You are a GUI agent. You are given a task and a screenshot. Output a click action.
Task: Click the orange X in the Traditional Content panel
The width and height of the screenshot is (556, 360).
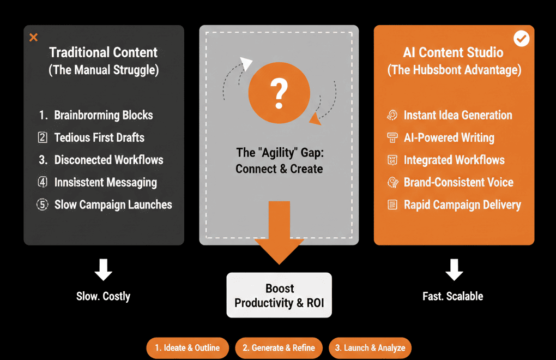click(33, 38)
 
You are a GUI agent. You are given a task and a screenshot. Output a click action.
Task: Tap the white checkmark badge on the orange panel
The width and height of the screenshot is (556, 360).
click(522, 39)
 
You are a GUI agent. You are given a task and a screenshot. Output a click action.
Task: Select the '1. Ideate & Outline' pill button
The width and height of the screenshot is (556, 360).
click(187, 347)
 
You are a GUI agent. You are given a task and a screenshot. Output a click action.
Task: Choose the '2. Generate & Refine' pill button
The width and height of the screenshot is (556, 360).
click(279, 347)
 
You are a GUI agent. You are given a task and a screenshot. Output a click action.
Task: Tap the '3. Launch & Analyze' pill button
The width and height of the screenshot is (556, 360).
click(370, 347)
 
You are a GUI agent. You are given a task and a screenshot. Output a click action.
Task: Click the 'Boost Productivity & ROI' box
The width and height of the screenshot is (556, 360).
click(279, 295)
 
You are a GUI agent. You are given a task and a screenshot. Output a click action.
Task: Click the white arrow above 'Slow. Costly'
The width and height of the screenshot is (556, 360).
click(103, 269)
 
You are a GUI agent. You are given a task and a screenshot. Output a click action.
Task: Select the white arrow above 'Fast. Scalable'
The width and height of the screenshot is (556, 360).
click(454, 269)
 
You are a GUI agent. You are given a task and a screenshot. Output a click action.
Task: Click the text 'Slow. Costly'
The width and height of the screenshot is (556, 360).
click(103, 296)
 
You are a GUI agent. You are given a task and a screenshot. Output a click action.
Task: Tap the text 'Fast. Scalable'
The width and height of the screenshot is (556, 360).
click(453, 296)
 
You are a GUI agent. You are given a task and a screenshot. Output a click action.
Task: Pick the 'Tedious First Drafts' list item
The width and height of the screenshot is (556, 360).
click(99, 137)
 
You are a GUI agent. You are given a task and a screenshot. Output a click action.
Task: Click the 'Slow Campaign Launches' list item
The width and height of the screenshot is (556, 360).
click(113, 205)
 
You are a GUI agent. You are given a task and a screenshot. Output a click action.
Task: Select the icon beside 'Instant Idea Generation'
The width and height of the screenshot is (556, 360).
click(392, 115)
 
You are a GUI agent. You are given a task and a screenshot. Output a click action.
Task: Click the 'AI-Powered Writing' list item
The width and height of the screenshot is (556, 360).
click(449, 137)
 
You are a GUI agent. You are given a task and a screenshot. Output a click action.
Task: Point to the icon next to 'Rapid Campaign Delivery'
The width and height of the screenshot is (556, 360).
click(392, 205)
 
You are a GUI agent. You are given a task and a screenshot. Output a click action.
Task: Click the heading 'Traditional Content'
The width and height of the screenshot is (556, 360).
click(103, 52)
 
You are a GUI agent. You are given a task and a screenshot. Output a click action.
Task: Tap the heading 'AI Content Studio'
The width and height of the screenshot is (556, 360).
click(453, 52)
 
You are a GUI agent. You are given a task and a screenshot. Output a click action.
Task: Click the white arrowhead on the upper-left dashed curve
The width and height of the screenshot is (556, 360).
click(246, 64)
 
